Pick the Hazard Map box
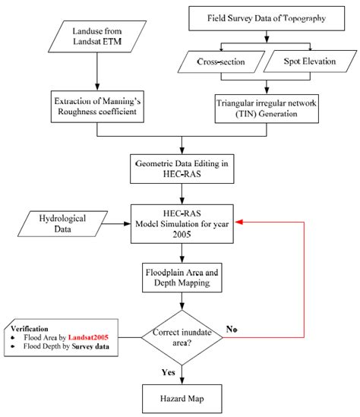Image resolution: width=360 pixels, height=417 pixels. (181, 398)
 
